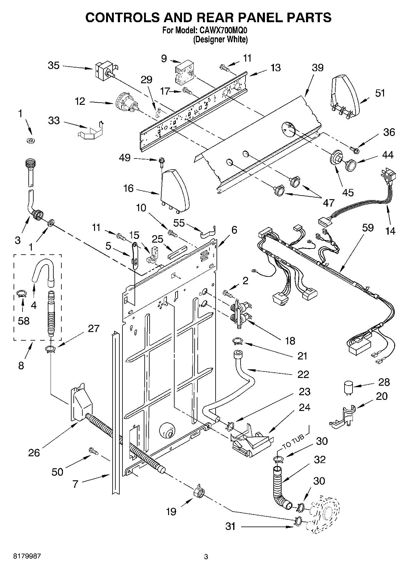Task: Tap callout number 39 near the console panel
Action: pos(317,68)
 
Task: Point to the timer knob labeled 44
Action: pos(350,165)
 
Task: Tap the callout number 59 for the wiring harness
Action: pos(368,228)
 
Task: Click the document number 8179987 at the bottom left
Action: pos(27,556)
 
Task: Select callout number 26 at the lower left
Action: pos(34,453)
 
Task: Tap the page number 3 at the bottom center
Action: pos(206,557)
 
